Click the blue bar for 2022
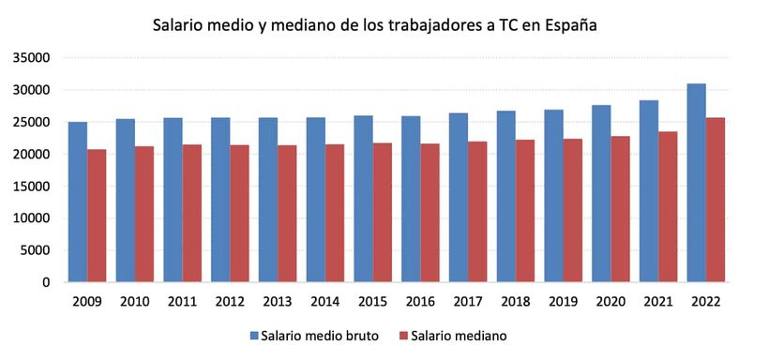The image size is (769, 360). (697, 183)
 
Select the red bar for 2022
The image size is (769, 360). (716, 200)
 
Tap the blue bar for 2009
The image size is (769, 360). (78, 202)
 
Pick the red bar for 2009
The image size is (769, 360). (97, 216)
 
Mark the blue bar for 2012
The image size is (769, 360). (220, 200)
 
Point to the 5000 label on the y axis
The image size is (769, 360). (35, 250)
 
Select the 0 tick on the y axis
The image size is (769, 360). (45, 282)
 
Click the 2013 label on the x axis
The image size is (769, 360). (278, 302)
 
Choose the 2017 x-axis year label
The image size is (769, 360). (468, 302)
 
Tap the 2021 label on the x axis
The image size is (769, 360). (658, 302)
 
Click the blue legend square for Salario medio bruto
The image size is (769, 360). (254, 336)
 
